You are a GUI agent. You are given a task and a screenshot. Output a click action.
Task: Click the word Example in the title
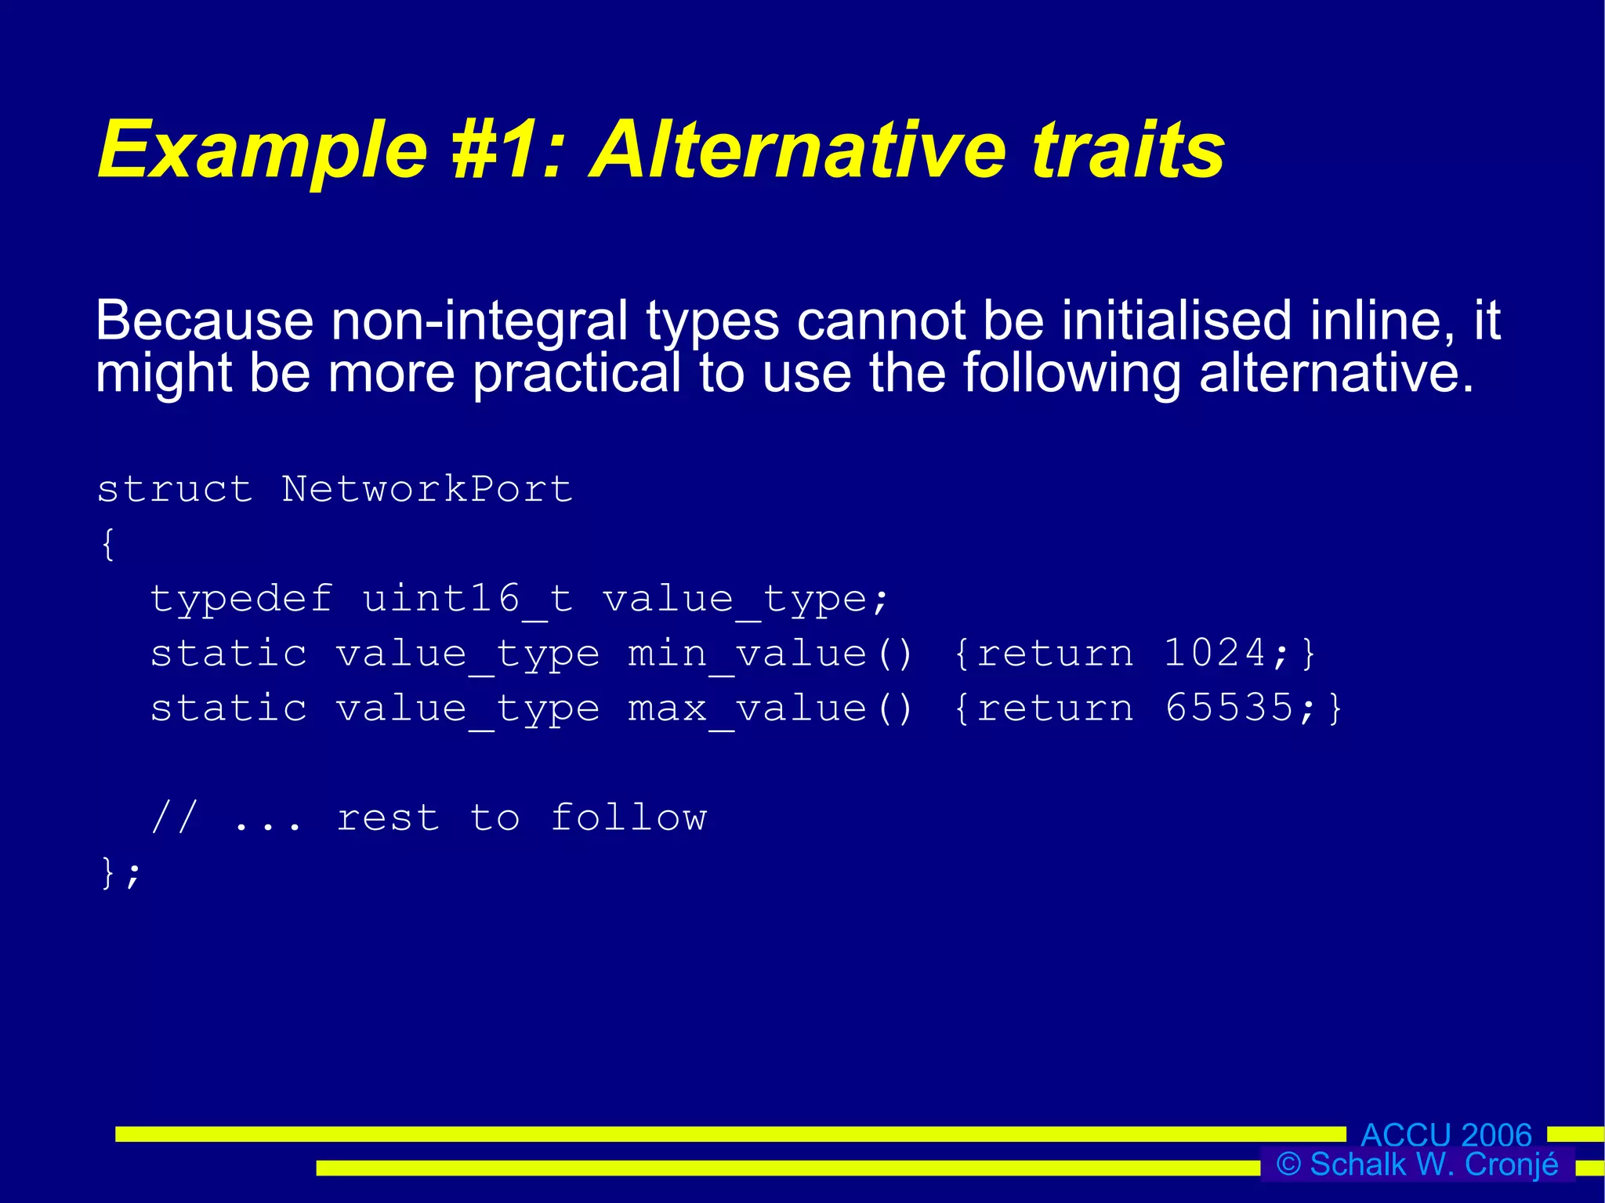(x=263, y=151)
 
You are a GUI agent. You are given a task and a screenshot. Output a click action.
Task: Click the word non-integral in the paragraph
(x=479, y=321)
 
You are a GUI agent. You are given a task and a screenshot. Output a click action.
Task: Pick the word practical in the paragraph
(x=577, y=373)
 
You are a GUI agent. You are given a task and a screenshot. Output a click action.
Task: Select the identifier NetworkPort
(x=427, y=490)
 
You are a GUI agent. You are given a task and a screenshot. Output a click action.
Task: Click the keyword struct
(x=175, y=490)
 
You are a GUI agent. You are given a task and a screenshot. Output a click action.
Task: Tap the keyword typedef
(x=241, y=600)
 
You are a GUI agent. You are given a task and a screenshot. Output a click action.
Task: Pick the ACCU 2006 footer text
(x=1446, y=1135)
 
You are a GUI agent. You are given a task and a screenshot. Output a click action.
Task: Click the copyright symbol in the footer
(x=1288, y=1165)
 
